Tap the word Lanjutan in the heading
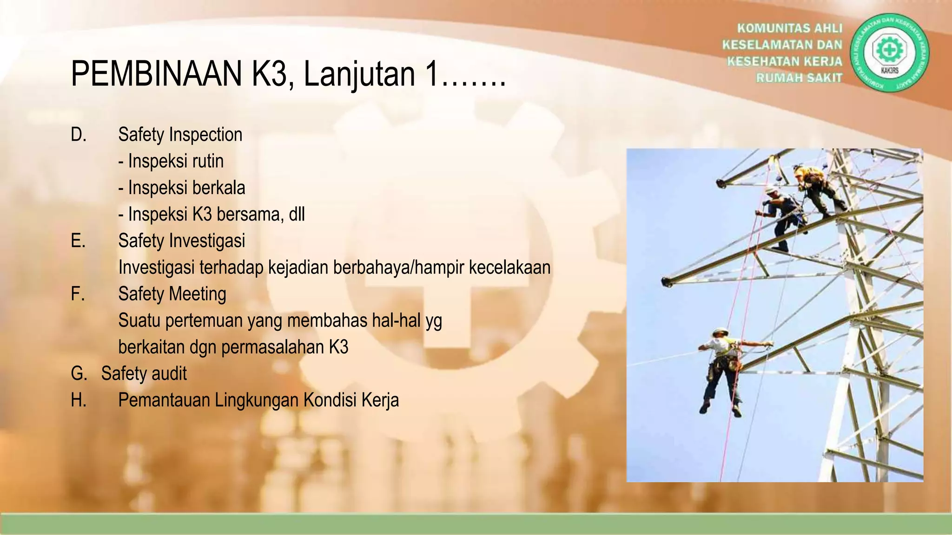(x=359, y=74)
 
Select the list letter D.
(x=79, y=135)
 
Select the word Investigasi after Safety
(x=207, y=241)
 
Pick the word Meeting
(x=198, y=294)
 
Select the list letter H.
(x=79, y=400)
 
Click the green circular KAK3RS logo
(x=889, y=52)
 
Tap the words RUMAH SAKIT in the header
(x=799, y=78)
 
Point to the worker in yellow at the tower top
(x=814, y=186)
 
